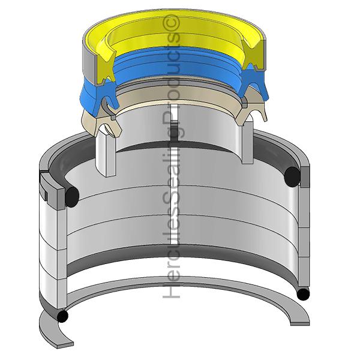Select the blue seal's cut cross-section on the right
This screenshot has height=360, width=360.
(253, 83)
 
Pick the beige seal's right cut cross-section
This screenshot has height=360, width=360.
(251, 113)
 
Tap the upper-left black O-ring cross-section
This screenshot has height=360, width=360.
(72, 197)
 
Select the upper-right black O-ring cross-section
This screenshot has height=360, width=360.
(292, 176)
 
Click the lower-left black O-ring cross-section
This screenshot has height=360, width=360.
(62, 316)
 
